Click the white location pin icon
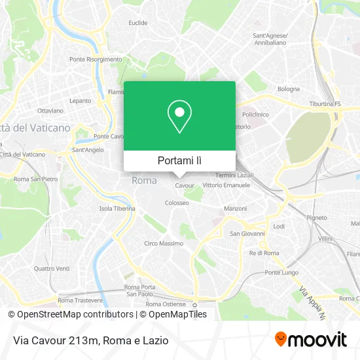(179, 117)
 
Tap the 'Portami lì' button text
(179, 160)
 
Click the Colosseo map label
(177, 203)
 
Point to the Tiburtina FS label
(325, 104)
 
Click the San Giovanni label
(247, 234)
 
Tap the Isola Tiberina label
(117, 209)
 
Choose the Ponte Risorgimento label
(96, 59)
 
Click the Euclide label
(138, 23)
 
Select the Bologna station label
(289, 89)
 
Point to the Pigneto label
(317, 217)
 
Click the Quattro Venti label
(52, 268)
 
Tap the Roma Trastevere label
(81, 300)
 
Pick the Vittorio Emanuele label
(226, 185)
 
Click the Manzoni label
(235, 208)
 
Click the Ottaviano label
(50, 111)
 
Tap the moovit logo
(311, 340)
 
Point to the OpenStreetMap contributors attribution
(75, 314)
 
